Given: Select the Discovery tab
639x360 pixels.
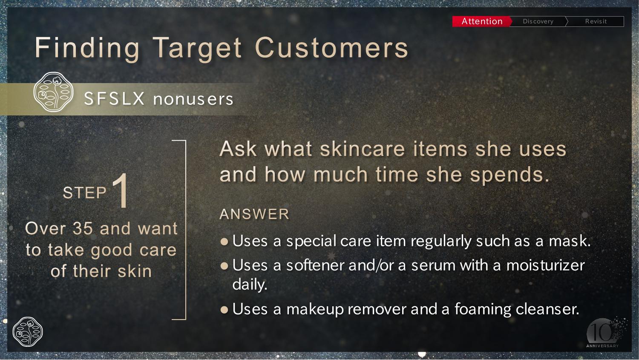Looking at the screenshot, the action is (x=538, y=21).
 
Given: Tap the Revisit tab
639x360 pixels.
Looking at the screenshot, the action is (x=596, y=21).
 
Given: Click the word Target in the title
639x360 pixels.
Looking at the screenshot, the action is (x=197, y=49).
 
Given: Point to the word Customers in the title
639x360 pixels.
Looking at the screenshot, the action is (x=332, y=47).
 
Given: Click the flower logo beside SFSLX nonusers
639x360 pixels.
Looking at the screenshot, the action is (x=53, y=92).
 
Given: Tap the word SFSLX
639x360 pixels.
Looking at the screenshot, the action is (x=115, y=99).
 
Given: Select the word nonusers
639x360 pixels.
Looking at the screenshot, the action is (x=193, y=99).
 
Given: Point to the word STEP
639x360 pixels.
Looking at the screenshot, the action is (x=85, y=193).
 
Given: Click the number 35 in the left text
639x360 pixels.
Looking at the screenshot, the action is (x=83, y=228).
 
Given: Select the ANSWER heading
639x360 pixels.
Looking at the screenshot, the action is (x=254, y=214).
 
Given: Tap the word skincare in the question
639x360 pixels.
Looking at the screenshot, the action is (x=362, y=149).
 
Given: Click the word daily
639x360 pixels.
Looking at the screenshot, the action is (x=250, y=285).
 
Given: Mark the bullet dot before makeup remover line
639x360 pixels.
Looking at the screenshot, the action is (x=225, y=309).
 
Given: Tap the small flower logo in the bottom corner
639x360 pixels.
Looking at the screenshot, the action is (x=28, y=332).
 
